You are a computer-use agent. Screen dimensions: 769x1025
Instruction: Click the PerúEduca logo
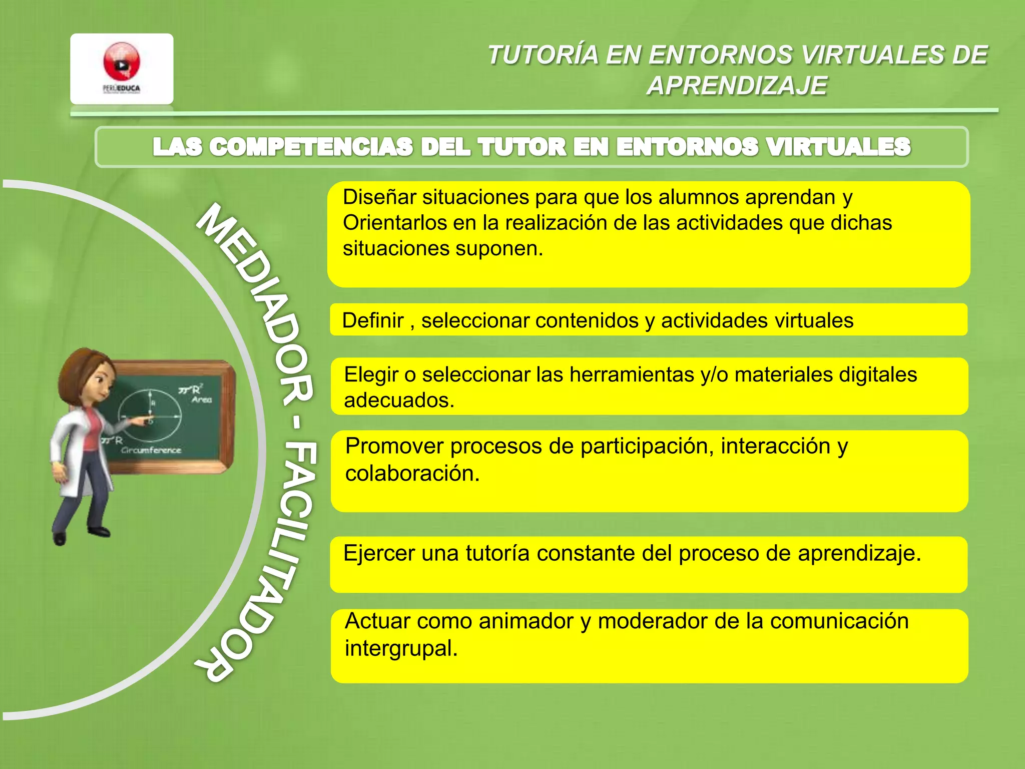122,69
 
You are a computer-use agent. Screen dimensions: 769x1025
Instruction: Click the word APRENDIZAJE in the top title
737,86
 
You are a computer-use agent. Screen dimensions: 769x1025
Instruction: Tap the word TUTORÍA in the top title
544,55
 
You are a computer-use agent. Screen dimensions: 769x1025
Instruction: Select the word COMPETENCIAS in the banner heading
311,147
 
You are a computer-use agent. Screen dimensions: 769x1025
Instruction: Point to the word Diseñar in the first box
379,197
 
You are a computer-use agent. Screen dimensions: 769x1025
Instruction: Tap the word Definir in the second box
373,320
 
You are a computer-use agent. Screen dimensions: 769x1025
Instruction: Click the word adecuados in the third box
399,401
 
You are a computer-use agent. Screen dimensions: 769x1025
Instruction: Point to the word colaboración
412,474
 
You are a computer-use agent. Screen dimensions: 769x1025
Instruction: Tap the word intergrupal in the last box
401,648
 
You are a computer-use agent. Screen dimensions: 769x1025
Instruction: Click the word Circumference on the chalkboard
151,450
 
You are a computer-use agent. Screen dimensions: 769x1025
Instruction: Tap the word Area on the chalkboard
202,400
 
